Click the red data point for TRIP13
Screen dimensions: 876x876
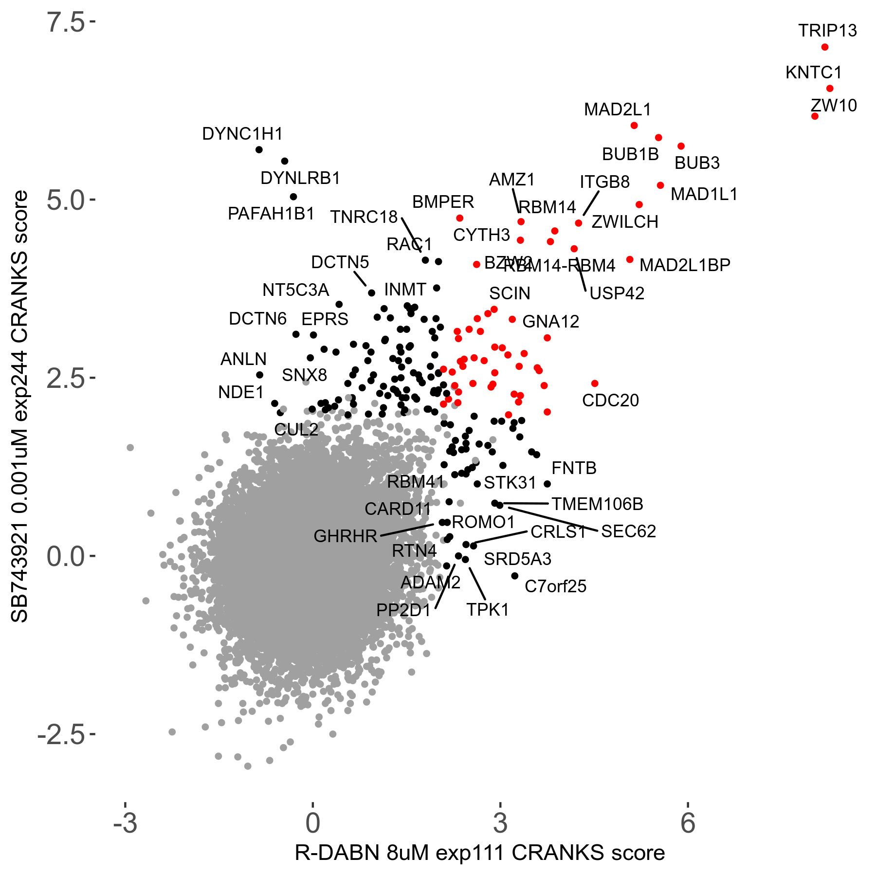point(824,47)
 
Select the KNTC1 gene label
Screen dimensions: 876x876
point(813,73)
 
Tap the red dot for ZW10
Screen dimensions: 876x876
point(815,116)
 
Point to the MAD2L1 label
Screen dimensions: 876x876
point(617,109)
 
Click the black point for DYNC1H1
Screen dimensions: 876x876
point(259,149)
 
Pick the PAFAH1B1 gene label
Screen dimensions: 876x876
point(271,214)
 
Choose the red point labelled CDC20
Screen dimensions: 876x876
point(595,383)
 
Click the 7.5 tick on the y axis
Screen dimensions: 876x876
point(66,22)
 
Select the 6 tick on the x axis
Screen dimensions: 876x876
point(688,822)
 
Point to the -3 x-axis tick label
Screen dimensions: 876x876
point(125,822)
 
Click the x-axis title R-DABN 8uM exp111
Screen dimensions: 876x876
point(479,853)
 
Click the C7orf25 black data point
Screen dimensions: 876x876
point(515,576)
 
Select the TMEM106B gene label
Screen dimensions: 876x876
point(597,504)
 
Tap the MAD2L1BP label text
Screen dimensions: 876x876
point(684,265)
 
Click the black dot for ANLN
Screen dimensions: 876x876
point(260,375)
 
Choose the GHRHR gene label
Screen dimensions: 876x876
point(345,536)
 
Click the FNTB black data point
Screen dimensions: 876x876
point(547,484)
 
